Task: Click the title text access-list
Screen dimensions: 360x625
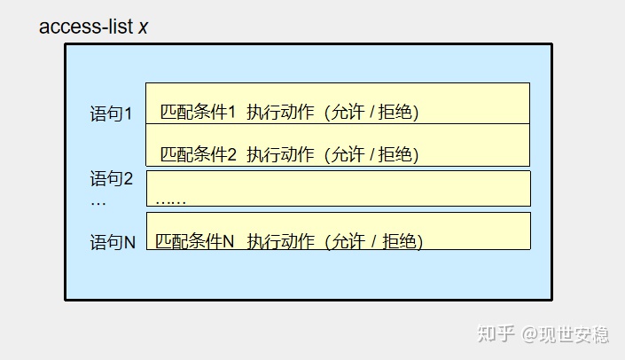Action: pos(86,27)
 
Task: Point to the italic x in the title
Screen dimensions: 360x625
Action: pos(143,27)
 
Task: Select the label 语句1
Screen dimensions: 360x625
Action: pos(111,114)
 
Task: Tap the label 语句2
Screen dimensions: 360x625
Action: pos(111,179)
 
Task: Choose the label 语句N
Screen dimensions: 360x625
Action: pos(112,242)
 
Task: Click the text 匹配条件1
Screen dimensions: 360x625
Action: pos(198,113)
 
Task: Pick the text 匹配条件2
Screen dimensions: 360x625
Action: pos(198,154)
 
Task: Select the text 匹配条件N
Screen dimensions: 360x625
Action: pos(194,241)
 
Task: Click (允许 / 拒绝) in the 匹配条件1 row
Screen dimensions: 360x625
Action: pos(371,113)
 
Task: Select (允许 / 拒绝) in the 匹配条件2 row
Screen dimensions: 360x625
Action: pos(371,154)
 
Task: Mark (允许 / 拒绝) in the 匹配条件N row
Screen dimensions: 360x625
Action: pos(373,241)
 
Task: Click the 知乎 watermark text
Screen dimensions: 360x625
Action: pos(496,334)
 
